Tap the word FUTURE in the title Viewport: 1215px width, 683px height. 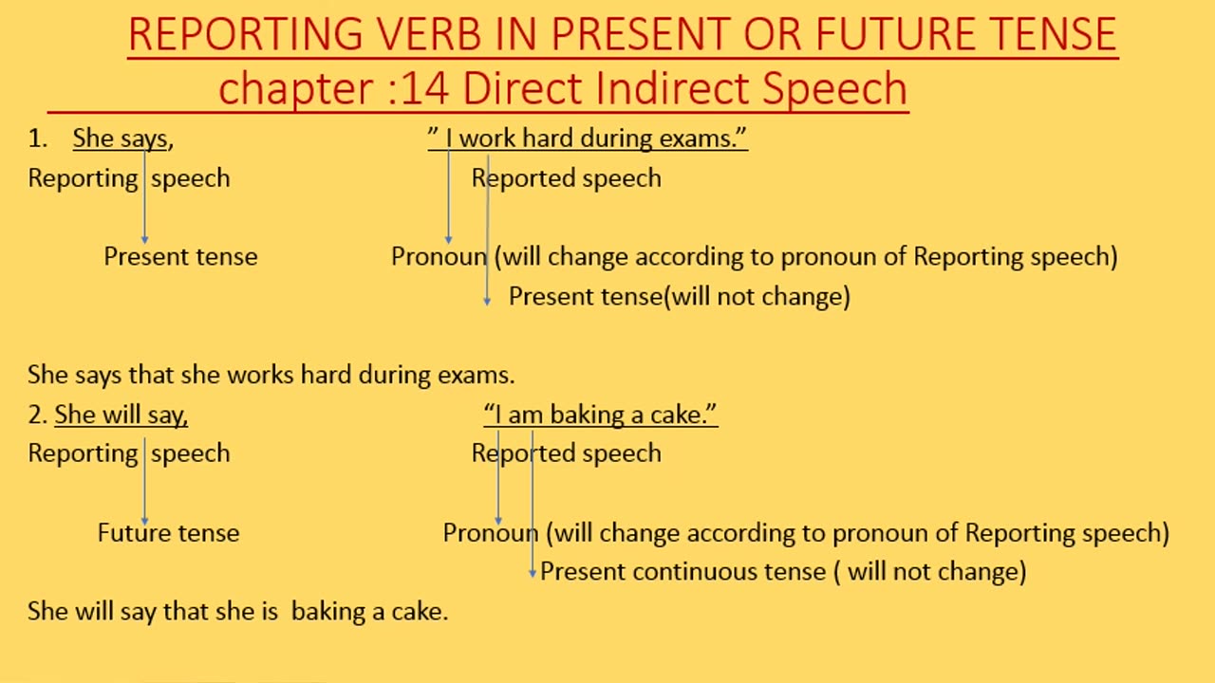pos(896,35)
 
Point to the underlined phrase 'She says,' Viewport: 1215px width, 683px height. pos(122,138)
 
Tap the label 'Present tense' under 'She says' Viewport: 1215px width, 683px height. pos(180,257)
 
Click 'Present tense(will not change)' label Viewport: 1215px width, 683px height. pos(679,297)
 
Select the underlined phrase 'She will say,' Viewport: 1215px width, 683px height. pos(121,415)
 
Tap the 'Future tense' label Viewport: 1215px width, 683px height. pos(168,533)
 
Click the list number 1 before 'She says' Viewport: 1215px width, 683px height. pos(37,138)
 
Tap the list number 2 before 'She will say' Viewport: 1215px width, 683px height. pos(37,415)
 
